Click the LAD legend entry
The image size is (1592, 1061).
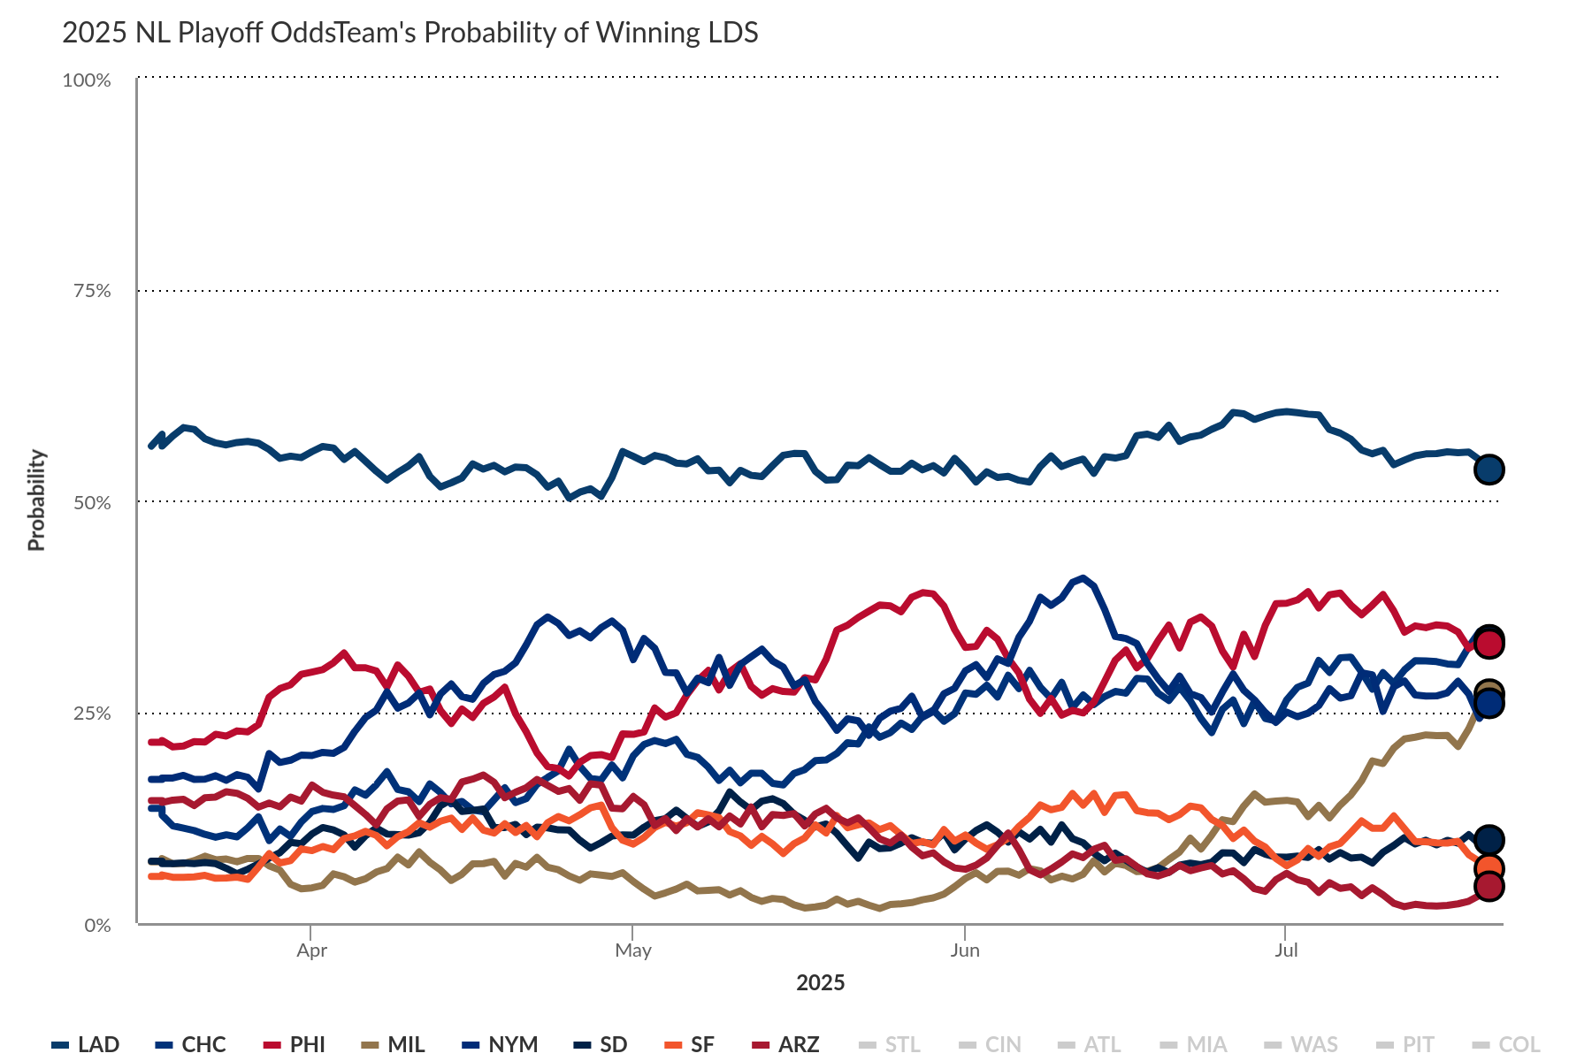87,1044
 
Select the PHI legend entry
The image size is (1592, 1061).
296,1044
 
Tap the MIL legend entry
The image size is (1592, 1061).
394,1044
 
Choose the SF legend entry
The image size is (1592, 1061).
691,1044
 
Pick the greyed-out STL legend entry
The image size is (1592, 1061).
891,1044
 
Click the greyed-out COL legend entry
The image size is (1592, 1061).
1508,1044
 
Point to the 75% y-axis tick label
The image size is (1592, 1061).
92,291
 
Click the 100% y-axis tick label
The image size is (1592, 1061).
87,80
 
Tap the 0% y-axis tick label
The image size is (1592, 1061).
97,925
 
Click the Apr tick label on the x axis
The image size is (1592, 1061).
311,950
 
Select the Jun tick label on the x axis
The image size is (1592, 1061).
964,950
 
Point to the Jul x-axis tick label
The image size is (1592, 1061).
1286,950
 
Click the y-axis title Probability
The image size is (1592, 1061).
36,500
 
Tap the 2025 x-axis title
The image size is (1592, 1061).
820,982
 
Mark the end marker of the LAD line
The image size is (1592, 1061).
1489,469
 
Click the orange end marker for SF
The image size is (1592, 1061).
1489,867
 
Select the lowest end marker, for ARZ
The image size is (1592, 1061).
1489,886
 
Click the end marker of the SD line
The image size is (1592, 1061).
1489,840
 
